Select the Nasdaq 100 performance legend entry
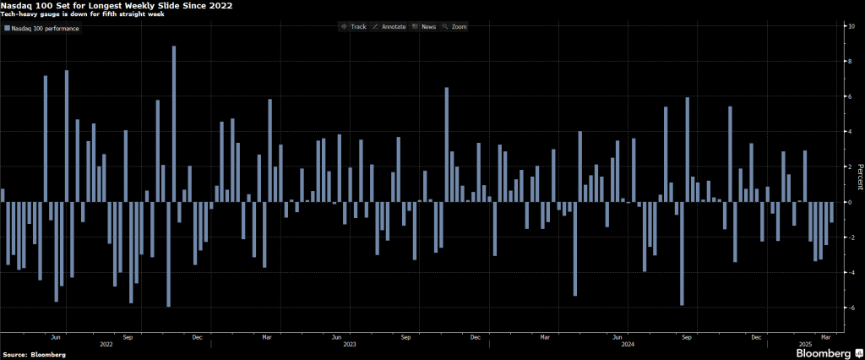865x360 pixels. [42, 29]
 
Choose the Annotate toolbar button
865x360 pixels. [390, 27]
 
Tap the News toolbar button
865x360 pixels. [424, 27]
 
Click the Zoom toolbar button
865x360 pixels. [455, 27]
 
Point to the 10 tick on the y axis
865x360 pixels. [851, 26]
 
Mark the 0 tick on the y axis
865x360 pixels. [851, 203]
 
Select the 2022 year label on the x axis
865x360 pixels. [106, 345]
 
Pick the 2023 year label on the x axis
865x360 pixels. [350, 345]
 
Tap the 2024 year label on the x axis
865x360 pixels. [627, 345]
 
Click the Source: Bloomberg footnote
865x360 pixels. [34, 353]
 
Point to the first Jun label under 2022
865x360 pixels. [57, 336]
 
